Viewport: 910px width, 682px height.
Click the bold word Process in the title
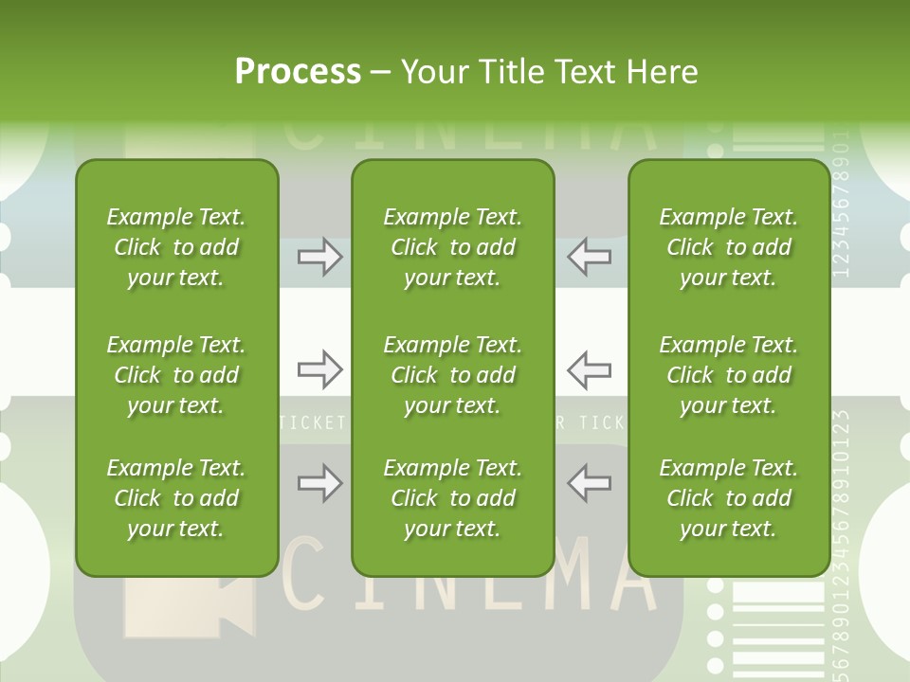pos(298,72)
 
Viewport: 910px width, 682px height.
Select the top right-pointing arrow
pos(319,256)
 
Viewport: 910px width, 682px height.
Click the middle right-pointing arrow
pos(319,369)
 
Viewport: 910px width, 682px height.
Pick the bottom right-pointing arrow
pos(319,483)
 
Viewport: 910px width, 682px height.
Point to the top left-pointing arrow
pos(589,256)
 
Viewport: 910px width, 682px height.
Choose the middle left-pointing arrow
pos(589,369)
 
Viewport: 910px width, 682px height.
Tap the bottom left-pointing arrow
pos(589,483)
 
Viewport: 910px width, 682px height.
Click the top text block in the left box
pos(176,247)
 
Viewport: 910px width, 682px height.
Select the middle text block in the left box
pos(176,375)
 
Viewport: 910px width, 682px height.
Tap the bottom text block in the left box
pos(176,498)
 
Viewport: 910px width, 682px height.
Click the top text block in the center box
pos(452,247)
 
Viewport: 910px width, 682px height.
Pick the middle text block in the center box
pos(452,375)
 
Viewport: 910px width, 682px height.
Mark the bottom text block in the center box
pos(452,498)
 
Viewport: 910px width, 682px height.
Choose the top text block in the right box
pos(729,247)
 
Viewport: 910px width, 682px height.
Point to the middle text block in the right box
pos(729,375)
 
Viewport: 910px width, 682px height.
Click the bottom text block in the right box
pos(729,498)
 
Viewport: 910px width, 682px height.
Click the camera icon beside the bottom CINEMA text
pos(190,607)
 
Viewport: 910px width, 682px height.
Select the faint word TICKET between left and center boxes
pos(314,422)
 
